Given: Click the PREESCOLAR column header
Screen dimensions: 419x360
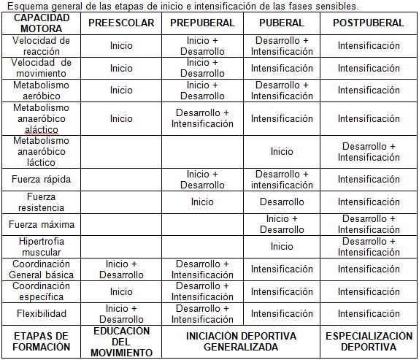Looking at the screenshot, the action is pos(121,23).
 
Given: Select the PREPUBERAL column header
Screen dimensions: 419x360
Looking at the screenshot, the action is pos(202,23).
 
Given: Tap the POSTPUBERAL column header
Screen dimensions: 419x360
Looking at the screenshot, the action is pos(368,23).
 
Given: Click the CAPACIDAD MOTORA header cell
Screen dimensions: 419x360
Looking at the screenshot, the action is pos(41,23).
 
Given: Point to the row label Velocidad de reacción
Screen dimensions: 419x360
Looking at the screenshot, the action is pos(41,46).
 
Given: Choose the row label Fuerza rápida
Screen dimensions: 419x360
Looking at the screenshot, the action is pos(41,180).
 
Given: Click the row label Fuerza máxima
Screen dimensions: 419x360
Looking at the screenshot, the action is pos(41,223).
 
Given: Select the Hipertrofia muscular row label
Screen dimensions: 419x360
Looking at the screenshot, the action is pos(41,247).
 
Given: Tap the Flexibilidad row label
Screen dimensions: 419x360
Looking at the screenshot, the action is pos(41,314).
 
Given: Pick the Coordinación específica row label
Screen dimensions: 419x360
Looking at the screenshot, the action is pos(41,291).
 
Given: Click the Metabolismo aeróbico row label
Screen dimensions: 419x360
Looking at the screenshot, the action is pos(41,91).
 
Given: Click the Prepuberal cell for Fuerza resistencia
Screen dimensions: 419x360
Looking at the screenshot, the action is pos(202,202).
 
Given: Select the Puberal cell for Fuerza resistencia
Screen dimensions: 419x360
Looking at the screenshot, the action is pos(282,202).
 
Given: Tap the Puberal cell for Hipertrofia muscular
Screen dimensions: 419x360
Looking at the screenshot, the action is pos(282,247).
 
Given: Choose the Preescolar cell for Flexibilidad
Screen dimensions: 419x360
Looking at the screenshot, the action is pos(121,314).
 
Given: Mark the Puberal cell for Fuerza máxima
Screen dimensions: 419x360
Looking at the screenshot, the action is pos(282,223).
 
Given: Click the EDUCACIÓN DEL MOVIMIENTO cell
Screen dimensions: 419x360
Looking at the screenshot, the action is pos(121,342).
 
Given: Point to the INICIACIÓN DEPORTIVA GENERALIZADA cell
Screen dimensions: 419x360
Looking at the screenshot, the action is pos(241,342).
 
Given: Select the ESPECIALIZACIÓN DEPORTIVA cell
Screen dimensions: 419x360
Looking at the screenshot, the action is pos(368,342).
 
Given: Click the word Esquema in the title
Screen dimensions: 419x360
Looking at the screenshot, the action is pos(27,6).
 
